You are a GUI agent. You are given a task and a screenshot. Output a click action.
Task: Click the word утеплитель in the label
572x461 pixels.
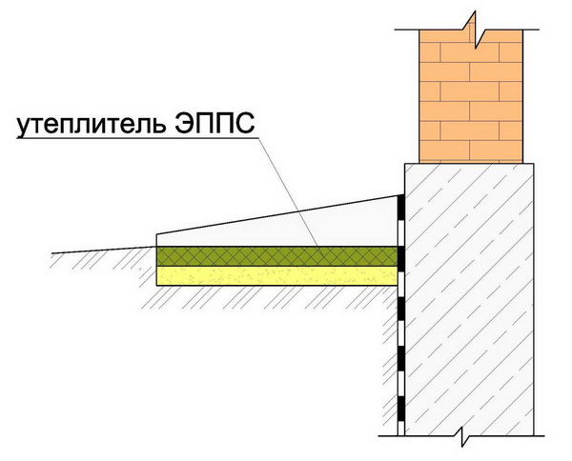click(90, 125)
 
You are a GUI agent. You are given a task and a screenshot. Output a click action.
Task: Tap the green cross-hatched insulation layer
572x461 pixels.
click(276, 256)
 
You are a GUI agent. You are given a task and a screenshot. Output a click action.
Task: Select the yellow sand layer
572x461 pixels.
click(276, 276)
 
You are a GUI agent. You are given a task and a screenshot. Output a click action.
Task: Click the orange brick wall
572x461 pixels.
click(471, 96)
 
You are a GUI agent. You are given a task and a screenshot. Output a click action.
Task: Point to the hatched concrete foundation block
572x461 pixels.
click(469, 299)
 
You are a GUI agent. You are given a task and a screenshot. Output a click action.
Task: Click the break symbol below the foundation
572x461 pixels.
click(462, 436)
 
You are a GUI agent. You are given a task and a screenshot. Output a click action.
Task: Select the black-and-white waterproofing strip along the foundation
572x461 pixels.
click(401, 315)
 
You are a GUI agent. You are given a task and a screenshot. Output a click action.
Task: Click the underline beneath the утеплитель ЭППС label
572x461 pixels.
click(137, 138)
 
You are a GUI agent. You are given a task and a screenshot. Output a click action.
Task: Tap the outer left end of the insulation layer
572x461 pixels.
click(157, 256)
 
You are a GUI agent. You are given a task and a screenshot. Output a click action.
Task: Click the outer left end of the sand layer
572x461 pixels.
click(157, 276)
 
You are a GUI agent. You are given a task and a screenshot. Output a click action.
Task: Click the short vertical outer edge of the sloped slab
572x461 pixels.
click(156, 241)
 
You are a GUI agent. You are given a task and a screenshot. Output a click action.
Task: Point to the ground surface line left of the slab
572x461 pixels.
click(104, 250)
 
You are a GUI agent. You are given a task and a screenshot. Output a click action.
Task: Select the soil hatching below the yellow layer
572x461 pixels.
click(270, 297)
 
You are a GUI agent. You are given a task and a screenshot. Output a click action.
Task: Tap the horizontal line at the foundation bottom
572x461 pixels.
click(461, 436)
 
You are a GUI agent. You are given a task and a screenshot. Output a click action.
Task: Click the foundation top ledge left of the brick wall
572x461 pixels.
click(412, 164)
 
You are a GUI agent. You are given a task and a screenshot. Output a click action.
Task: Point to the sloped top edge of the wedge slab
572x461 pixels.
click(277, 214)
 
